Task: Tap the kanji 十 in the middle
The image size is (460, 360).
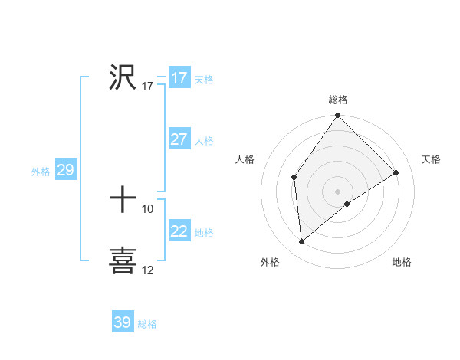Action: click(123, 201)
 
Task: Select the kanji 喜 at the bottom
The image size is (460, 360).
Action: click(123, 260)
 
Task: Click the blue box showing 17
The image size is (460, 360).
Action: click(179, 78)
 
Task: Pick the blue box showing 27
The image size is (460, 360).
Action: click(179, 139)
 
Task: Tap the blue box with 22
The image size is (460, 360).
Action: click(179, 231)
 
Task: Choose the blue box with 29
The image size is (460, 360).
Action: click(65, 170)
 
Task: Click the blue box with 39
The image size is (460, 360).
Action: click(122, 322)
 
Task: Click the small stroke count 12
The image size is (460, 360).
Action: click(148, 270)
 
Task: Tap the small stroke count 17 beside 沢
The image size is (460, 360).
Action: click(148, 87)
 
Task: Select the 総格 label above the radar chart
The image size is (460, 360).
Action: click(338, 100)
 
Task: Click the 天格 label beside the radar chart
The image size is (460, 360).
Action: click(431, 159)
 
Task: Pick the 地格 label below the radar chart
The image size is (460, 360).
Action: click(402, 263)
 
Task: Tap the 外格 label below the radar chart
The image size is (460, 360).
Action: click(270, 263)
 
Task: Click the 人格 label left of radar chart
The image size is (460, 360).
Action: click(245, 159)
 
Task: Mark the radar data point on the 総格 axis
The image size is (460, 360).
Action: click(338, 116)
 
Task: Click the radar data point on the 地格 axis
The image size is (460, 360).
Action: click(347, 204)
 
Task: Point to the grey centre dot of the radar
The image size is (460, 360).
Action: click(337, 191)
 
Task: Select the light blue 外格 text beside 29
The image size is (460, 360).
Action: click(41, 172)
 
